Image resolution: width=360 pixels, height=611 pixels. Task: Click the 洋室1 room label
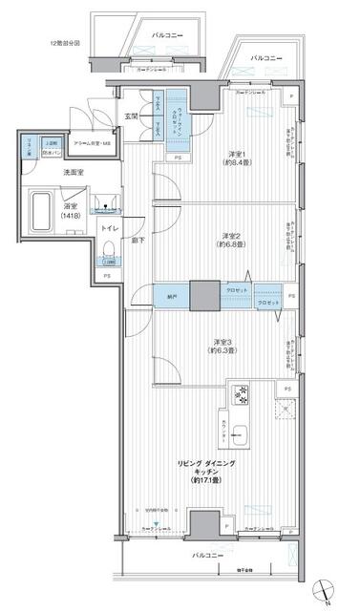pos(238,155)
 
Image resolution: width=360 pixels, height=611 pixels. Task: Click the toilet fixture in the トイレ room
pos(110,251)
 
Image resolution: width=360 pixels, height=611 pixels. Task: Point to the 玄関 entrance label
pos(132,116)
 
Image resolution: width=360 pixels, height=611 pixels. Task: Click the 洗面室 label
pos(50,173)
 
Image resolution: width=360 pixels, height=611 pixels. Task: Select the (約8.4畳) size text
pos(238,165)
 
